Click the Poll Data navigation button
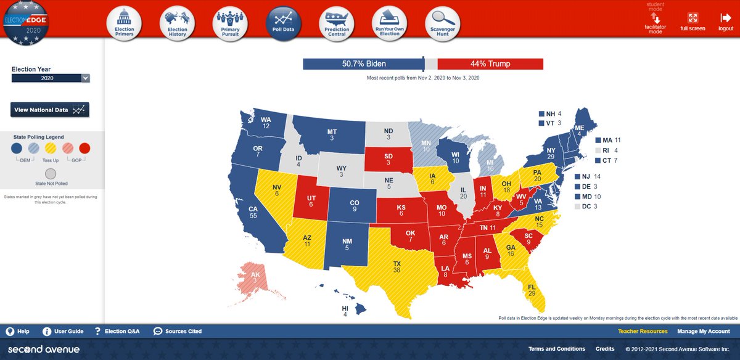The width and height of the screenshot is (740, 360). point(284,24)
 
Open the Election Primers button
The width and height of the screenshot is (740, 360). point(124,24)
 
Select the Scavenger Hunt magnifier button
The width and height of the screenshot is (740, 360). point(443,24)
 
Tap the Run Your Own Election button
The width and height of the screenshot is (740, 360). point(390,24)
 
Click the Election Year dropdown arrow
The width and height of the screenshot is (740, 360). point(86,78)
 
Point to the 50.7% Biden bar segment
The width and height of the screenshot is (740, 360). point(363,64)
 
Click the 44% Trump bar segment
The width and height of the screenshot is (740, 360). point(490,64)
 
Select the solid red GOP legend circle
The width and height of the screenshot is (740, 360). point(85,147)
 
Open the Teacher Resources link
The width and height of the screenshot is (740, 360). point(643,331)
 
